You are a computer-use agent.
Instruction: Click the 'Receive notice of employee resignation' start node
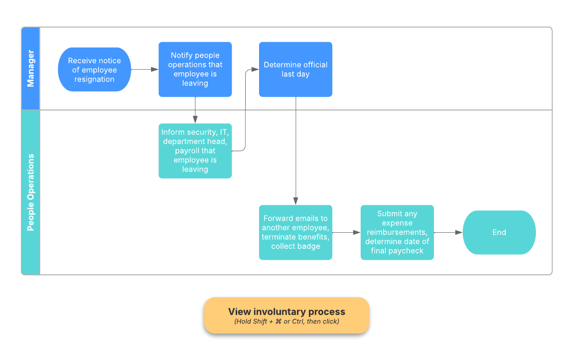(x=94, y=70)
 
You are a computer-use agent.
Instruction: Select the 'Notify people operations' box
(x=195, y=70)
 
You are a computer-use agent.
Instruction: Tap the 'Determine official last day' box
(x=295, y=70)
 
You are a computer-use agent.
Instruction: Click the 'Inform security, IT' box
(x=195, y=151)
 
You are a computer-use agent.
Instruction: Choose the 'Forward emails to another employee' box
(x=295, y=232)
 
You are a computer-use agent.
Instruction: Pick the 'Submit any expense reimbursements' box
(x=397, y=232)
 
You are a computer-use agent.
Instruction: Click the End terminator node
(x=499, y=232)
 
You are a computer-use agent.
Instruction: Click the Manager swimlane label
(x=31, y=69)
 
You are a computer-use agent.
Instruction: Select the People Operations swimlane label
(x=31, y=192)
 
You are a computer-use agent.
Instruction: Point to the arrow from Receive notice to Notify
(x=145, y=70)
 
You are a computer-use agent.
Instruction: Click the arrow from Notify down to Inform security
(x=195, y=110)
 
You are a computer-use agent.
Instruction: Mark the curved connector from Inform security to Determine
(x=246, y=110)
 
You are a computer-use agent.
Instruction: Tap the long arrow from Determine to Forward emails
(x=296, y=151)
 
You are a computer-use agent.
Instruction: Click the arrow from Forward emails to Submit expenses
(x=346, y=233)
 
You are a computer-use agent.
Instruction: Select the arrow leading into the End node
(x=448, y=233)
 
